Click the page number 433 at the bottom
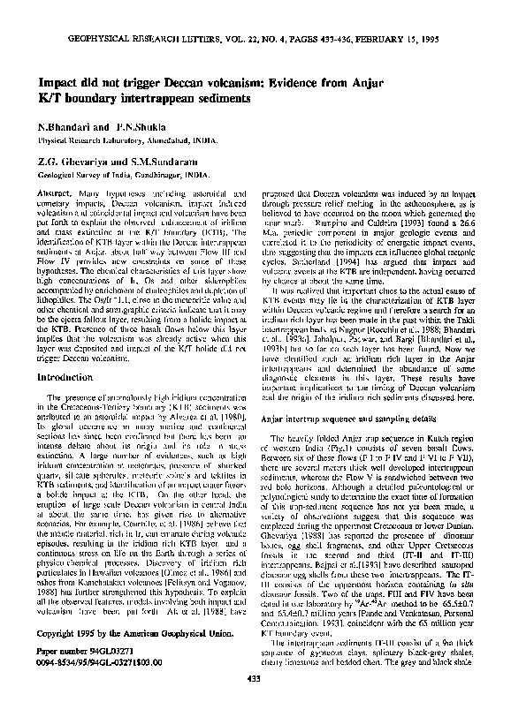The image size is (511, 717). point(255,700)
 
